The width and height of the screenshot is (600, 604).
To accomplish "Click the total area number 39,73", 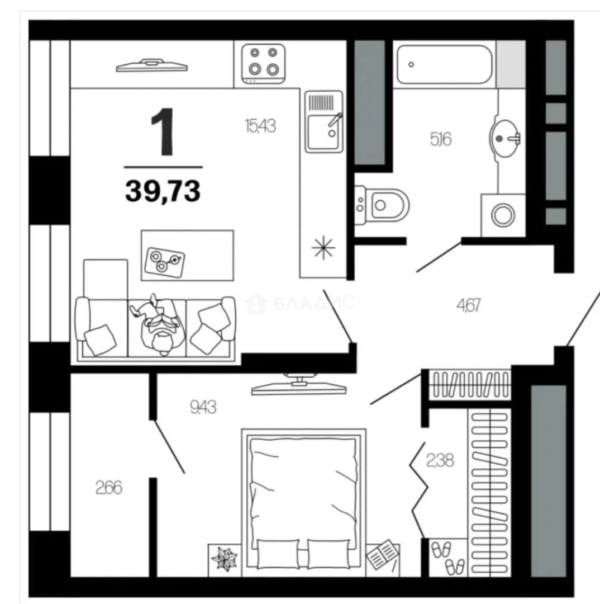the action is (x=163, y=191).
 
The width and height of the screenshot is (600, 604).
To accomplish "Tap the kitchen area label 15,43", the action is (x=260, y=126).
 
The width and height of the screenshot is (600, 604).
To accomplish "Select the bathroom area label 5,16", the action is (x=441, y=139).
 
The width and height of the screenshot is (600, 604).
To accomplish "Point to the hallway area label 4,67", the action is (x=468, y=305).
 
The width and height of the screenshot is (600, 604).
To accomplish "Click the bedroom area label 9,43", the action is (x=203, y=407).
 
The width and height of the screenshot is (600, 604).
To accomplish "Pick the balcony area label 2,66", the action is (x=109, y=488).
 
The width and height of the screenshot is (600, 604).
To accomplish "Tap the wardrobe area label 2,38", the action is (x=440, y=460).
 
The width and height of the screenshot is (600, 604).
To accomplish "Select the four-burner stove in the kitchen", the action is (x=264, y=64).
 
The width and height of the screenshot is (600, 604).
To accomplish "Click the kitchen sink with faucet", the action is (x=323, y=122).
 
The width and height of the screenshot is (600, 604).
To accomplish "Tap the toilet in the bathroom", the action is (x=382, y=205).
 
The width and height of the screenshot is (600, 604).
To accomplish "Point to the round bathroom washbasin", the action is (x=504, y=138).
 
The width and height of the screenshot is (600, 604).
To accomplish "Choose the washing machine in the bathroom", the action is (x=503, y=215).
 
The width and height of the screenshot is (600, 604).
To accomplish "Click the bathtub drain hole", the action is (x=411, y=64).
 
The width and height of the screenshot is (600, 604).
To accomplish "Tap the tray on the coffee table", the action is (x=164, y=262).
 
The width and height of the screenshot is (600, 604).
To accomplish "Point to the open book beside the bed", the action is (x=383, y=555).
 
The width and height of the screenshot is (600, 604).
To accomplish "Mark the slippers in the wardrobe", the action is (x=448, y=558).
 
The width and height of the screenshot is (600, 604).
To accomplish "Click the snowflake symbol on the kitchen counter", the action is (x=323, y=247).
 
